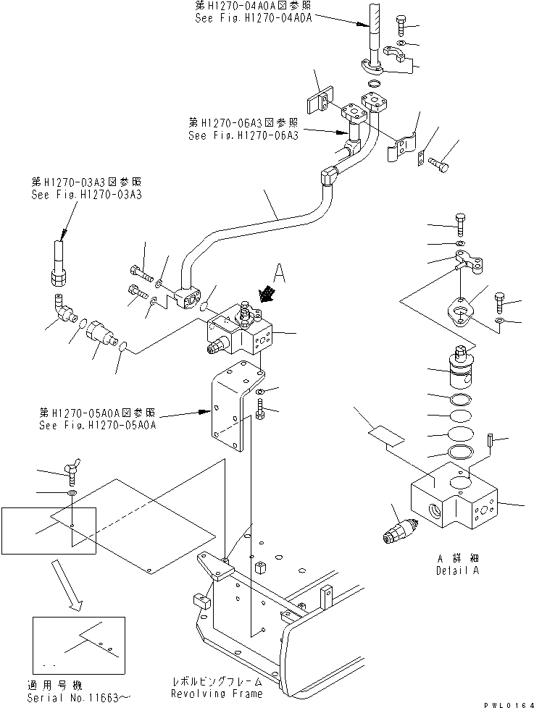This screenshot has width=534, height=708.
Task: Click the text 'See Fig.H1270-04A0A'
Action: coord(253,19)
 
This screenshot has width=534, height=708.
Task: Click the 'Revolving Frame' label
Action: coord(217,694)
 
